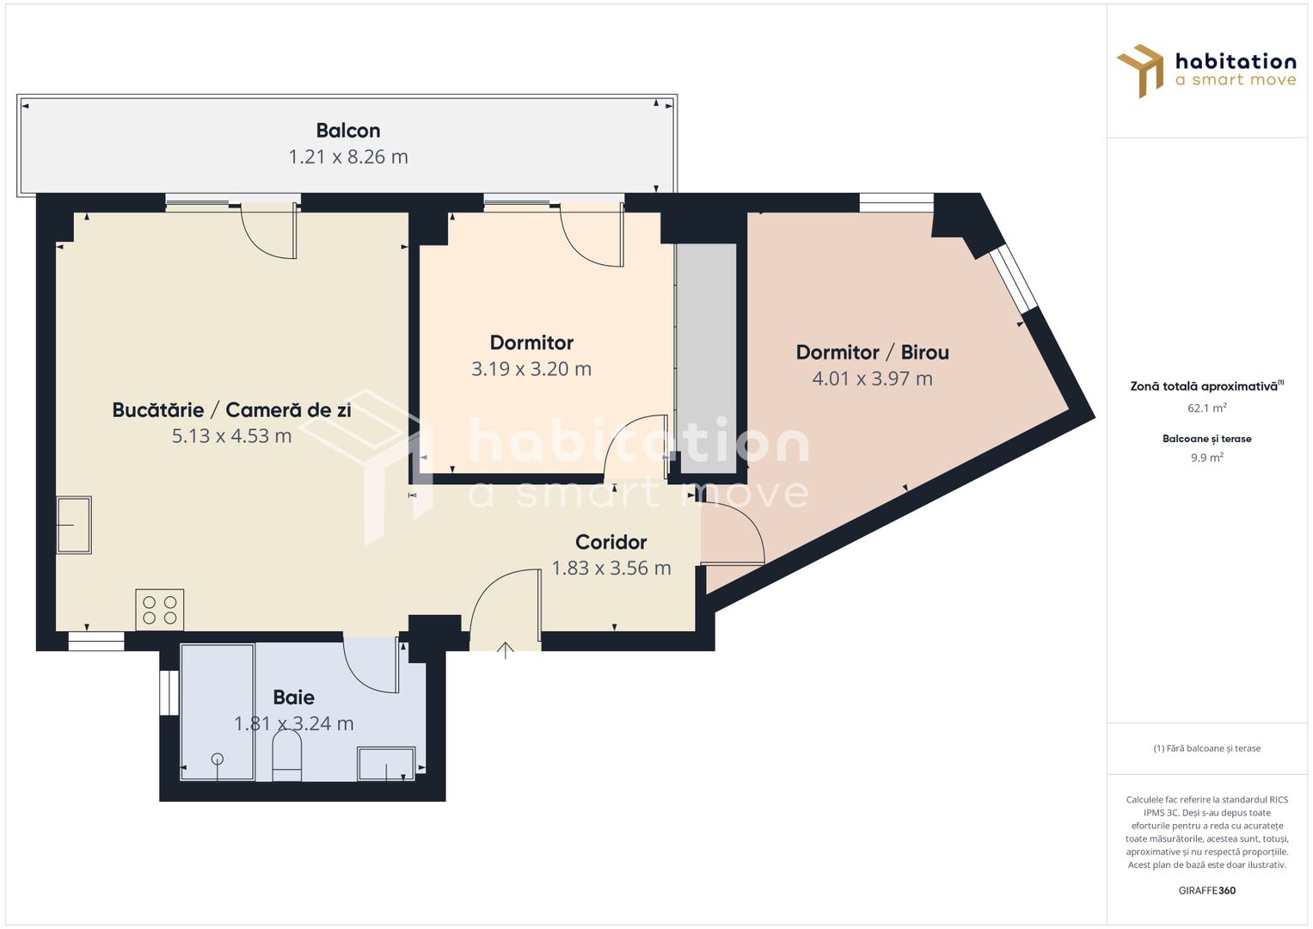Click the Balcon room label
click(347, 131)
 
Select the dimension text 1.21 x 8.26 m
click(347, 157)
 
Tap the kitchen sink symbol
click(74, 525)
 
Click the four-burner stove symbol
click(160, 610)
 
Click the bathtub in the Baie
click(218, 712)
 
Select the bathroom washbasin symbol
click(386, 764)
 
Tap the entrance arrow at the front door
click(505, 650)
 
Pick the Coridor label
click(610, 542)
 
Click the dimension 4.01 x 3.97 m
click(872, 378)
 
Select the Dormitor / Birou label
click(872, 353)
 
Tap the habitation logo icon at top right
click(1140, 71)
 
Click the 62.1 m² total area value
click(1206, 408)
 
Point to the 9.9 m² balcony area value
click(1206, 458)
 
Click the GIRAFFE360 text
click(1206, 890)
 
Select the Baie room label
click(293, 698)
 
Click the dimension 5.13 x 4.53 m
click(231, 436)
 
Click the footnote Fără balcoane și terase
click(1206, 748)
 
